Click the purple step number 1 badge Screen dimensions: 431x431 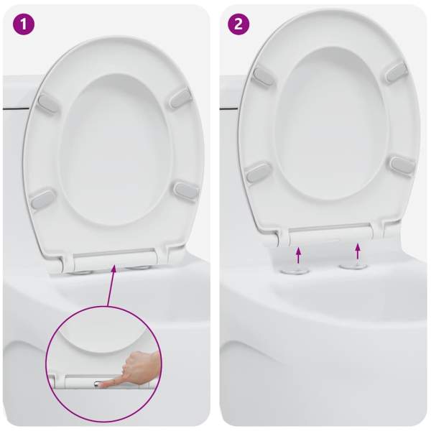[x=24, y=24]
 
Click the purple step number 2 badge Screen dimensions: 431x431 [x=238, y=24]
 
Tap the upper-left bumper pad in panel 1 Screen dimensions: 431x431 [x=48, y=104]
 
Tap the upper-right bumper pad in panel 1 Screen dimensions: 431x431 [x=180, y=98]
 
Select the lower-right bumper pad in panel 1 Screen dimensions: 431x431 [x=186, y=191]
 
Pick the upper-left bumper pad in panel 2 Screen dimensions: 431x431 [x=263, y=76]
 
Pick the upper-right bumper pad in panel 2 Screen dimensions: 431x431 [x=396, y=72]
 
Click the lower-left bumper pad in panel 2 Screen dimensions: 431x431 [x=258, y=173]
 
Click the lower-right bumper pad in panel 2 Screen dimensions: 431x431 [x=403, y=165]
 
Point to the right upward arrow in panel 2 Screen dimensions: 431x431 [x=357, y=251]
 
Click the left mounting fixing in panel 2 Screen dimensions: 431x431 [x=295, y=272]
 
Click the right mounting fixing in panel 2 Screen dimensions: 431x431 [x=353, y=266]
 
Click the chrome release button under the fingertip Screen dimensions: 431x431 [x=98, y=384]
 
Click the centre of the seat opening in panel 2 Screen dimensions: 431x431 [x=332, y=124]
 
